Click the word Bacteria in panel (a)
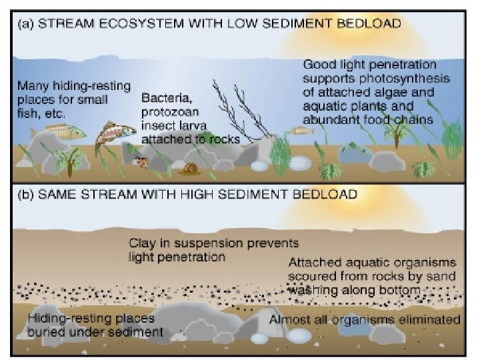click(x=161, y=98)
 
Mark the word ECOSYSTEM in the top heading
click(x=127, y=25)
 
